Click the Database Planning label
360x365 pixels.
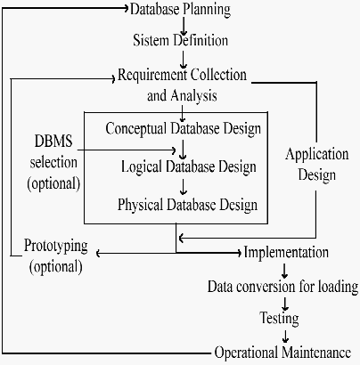(180, 10)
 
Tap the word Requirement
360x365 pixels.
(152, 76)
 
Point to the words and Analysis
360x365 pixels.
(182, 96)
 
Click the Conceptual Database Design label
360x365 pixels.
(184, 129)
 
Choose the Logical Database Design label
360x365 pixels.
(189, 166)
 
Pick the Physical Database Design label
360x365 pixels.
(187, 205)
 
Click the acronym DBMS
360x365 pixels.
(53, 141)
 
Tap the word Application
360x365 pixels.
(317, 155)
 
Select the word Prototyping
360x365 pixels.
(56, 246)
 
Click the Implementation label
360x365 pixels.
(286, 252)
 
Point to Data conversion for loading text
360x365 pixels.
(282, 287)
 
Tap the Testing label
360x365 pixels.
(280, 319)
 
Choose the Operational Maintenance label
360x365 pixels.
(282, 353)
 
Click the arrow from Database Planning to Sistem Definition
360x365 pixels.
(184, 26)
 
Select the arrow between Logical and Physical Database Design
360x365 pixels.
(184, 187)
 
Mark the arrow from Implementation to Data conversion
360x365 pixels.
(284, 272)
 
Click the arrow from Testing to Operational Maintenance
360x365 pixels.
(285, 337)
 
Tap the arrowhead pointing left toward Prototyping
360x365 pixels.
(99, 254)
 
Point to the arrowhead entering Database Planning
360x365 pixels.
(126, 8)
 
